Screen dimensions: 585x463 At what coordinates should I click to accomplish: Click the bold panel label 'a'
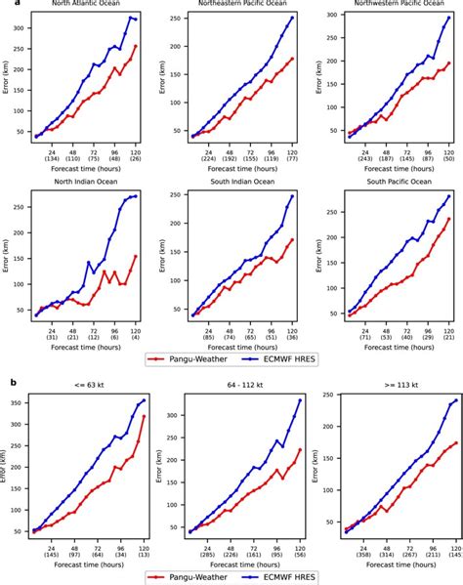pyautogui.click(x=5, y=5)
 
